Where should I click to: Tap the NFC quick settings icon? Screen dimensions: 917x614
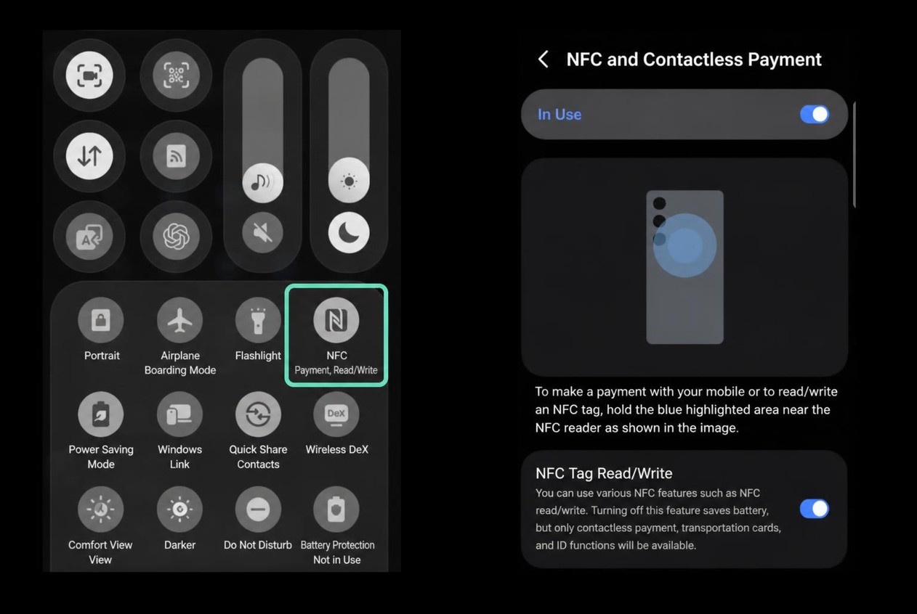336,320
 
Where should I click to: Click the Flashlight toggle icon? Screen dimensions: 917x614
258,320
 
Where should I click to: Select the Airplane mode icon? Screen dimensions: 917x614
179,320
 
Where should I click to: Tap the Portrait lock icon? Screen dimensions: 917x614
101,320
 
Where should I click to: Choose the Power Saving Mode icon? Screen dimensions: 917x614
101,414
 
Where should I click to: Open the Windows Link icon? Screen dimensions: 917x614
179,414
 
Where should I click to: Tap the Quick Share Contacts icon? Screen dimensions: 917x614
258,414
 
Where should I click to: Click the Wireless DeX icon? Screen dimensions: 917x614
336,414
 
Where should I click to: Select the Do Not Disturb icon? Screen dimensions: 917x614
258,509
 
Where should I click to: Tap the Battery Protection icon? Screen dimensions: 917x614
336,509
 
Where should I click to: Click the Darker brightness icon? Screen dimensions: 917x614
179,509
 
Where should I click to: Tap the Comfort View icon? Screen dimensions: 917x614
101,509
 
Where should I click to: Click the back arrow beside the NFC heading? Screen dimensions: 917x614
544,60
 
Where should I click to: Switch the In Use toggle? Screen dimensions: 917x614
815,115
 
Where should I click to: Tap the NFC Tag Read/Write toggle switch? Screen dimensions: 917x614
815,509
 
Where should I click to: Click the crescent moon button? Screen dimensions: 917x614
349,232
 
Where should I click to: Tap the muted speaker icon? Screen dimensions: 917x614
262,232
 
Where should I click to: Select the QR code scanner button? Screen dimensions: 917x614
176,75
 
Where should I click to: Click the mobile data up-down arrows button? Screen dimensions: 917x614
89,156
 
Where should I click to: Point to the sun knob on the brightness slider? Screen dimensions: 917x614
349,180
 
